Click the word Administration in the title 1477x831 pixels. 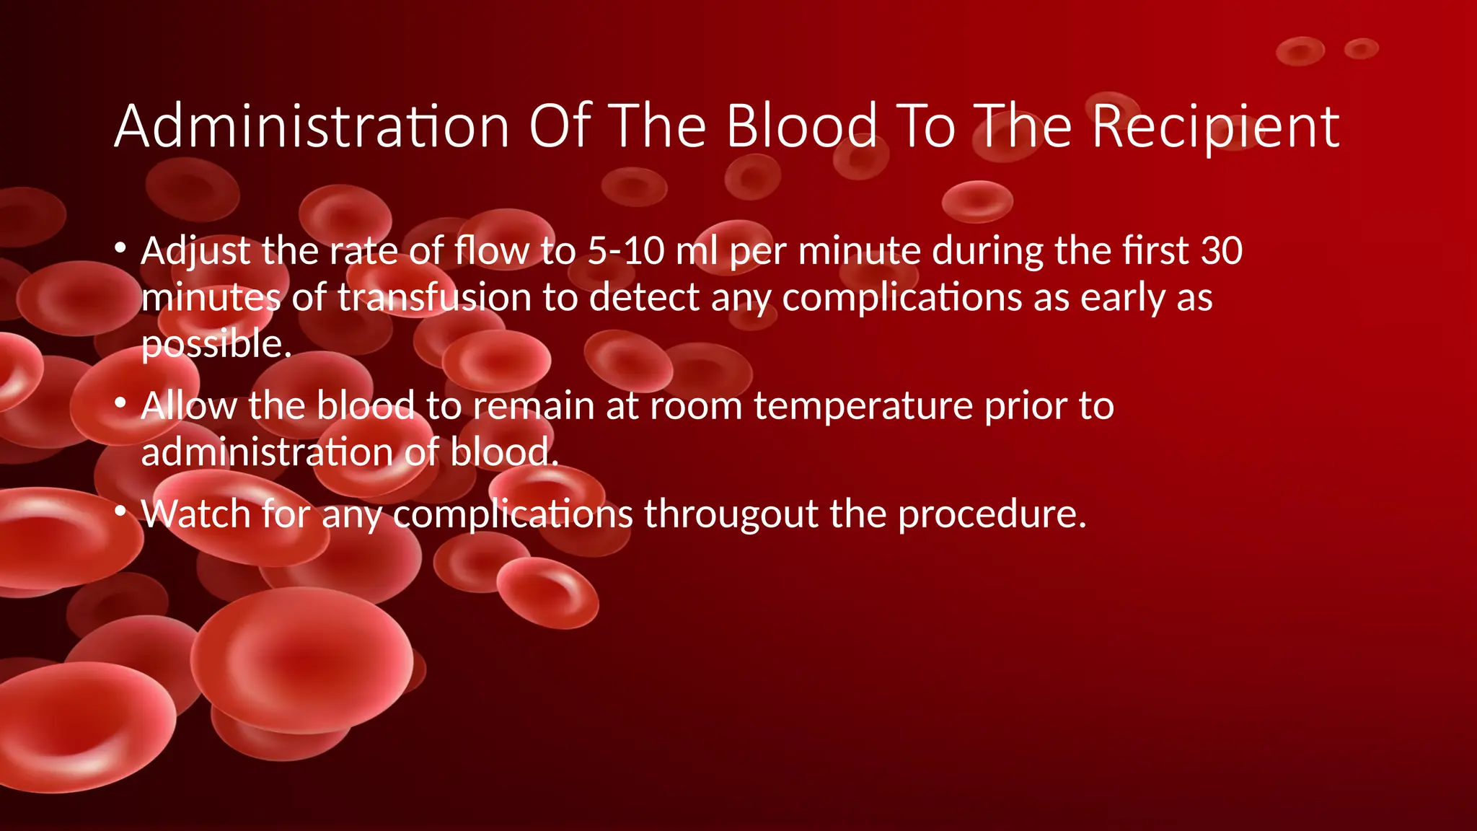(x=312, y=127)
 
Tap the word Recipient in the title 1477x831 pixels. (x=1215, y=127)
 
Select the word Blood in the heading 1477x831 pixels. (x=801, y=127)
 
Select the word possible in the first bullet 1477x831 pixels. (x=213, y=345)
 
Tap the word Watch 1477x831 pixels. (x=195, y=514)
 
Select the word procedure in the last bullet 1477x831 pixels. (x=991, y=515)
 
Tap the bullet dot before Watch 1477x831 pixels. (x=120, y=512)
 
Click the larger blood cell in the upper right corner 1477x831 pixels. (x=1300, y=51)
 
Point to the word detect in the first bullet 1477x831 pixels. (x=644, y=298)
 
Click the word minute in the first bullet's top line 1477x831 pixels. (x=859, y=252)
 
